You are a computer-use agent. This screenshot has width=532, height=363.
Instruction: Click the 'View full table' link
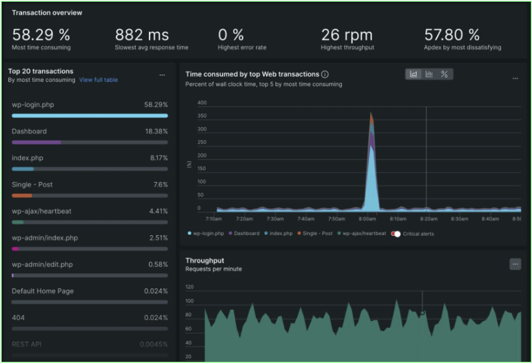[x=98, y=80]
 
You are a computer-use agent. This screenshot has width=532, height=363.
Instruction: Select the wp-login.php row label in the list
[x=33, y=105]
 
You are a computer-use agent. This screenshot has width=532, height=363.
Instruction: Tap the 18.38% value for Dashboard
[x=156, y=131]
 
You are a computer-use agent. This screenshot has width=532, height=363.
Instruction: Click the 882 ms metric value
[x=141, y=35]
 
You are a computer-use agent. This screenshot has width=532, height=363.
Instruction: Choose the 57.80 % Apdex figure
[x=452, y=35]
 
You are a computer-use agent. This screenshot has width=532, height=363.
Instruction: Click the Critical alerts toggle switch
[x=396, y=234]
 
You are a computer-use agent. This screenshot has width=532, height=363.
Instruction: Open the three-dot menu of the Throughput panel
[x=515, y=264]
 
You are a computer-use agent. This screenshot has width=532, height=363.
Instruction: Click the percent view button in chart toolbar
[x=445, y=74]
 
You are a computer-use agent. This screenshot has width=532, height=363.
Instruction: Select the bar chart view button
[x=429, y=74]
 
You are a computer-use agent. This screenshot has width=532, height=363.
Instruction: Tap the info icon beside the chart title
[x=325, y=74]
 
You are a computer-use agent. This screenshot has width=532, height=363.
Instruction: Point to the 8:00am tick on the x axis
[x=368, y=219]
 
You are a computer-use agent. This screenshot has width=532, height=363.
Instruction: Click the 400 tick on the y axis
[x=202, y=103]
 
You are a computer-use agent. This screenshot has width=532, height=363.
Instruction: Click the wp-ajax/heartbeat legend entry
[x=362, y=234]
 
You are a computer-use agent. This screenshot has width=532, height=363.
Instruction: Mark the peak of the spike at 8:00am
[x=371, y=112]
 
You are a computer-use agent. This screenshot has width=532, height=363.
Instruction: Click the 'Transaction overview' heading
[x=47, y=12]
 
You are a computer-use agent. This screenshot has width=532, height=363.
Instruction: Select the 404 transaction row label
[x=18, y=317]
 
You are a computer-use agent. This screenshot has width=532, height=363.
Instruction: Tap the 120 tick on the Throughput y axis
[x=190, y=287]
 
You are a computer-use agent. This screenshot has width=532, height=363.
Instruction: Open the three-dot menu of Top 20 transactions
[x=162, y=75]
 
